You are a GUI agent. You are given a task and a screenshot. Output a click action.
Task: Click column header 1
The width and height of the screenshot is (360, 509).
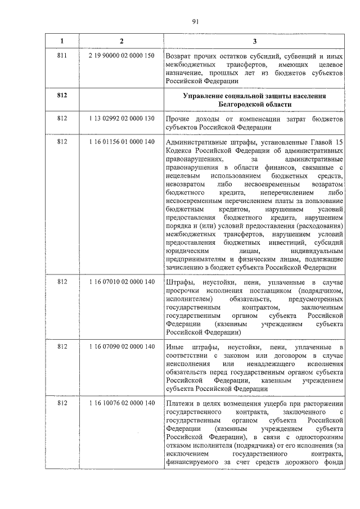(x=62, y=41)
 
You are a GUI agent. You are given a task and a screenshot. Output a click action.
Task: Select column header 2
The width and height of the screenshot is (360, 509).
(x=121, y=41)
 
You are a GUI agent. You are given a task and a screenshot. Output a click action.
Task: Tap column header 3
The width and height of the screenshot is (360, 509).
(x=254, y=41)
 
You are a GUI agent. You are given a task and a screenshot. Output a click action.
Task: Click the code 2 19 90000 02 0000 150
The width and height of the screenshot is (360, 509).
(x=121, y=57)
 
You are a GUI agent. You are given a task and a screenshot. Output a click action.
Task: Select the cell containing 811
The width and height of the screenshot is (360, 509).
(x=62, y=57)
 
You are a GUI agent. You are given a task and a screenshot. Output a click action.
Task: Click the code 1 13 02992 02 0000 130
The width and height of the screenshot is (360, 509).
(x=121, y=120)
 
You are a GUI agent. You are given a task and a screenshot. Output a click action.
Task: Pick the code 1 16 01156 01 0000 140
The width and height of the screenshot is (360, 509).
(x=121, y=142)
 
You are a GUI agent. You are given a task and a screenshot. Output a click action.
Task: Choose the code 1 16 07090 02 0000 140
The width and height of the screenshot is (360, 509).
(x=121, y=346)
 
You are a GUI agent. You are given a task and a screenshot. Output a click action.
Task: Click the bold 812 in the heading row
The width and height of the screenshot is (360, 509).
(x=62, y=96)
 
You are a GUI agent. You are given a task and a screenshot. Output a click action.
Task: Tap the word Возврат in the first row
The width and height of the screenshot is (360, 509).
(x=178, y=57)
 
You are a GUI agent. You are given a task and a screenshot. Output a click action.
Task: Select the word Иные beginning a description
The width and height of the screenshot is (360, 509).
(x=175, y=346)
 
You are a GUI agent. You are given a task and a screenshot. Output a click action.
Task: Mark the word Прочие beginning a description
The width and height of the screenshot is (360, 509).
(x=179, y=120)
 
